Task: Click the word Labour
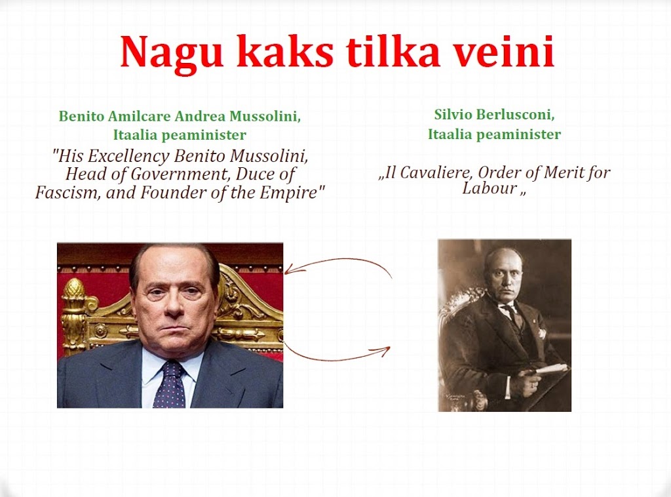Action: coord(489,188)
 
